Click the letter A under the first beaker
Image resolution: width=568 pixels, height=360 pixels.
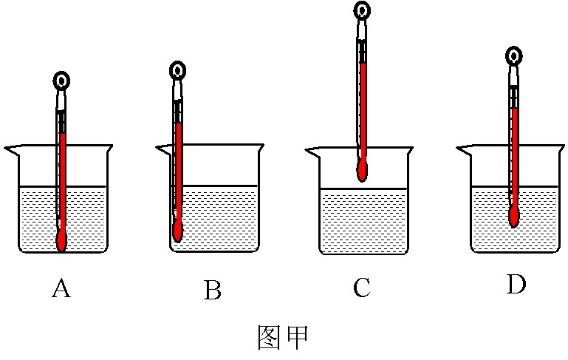pos(61,289)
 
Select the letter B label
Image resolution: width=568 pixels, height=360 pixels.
pos(213,291)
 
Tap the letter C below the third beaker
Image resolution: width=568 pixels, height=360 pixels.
pos(361,288)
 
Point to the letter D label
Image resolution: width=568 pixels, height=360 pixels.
pos(516,285)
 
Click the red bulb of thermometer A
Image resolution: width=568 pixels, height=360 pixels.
pos(62,240)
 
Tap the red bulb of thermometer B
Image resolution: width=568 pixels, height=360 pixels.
pos(178,230)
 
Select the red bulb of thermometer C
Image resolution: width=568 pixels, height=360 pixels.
pos(362,171)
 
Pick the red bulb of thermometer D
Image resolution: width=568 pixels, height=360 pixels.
pos(514,216)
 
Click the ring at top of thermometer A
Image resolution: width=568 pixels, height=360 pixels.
pos(62,81)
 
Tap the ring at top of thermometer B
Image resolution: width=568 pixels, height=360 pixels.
pos(177,71)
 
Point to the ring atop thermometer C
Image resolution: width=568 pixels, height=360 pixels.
pos(362,10)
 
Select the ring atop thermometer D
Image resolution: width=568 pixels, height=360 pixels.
pos(514,55)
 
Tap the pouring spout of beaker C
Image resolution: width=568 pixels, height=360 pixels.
pos(310,152)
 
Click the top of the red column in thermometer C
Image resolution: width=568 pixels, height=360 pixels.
pos(363,64)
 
